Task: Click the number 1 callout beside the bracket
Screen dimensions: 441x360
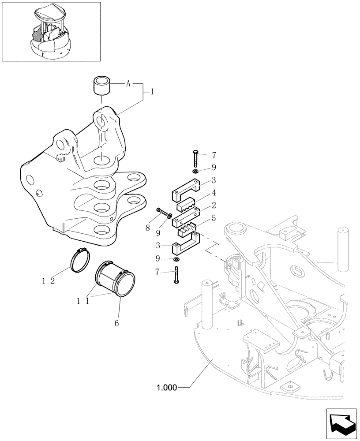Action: (152, 93)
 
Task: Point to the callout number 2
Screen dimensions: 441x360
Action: (213, 205)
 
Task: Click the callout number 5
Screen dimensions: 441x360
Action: (213, 217)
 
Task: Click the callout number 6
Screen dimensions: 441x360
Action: (117, 323)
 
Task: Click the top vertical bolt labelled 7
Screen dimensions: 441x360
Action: (195, 157)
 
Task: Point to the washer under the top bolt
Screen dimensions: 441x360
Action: (195, 170)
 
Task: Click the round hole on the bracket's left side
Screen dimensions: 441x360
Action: (30, 179)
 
